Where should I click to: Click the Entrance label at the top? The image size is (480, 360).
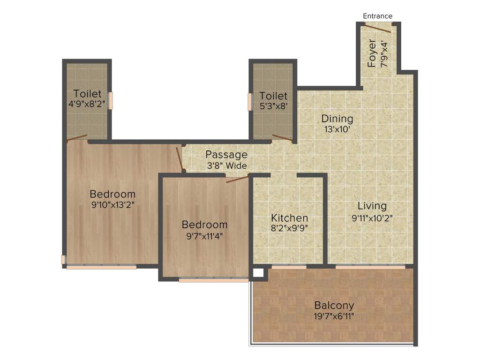pyautogui.click(x=378, y=16)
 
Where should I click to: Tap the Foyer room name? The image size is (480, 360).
pyautogui.click(x=372, y=53)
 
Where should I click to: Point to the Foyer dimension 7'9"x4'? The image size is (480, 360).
pyautogui.click(x=384, y=54)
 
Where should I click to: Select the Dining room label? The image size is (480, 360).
pyautogui.click(x=337, y=119)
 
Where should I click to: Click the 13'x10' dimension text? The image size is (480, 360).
pyautogui.click(x=337, y=129)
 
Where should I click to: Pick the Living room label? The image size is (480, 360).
pyautogui.click(x=372, y=206)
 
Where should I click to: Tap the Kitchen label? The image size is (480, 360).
pyautogui.click(x=290, y=218)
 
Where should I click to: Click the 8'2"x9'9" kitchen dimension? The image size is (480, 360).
pyautogui.click(x=290, y=229)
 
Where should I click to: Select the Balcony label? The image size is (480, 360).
pyautogui.click(x=334, y=305)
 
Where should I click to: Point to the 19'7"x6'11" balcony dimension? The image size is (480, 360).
pyautogui.click(x=334, y=316)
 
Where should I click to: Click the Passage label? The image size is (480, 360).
pyautogui.click(x=226, y=155)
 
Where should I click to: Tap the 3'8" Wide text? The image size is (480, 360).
pyautogui.click(x=227, y=165)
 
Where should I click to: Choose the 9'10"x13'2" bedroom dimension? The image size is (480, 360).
pyautogui.click(x=112, y=204)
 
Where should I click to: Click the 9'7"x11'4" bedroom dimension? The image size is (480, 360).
pyautogui.click(x=204, y=236)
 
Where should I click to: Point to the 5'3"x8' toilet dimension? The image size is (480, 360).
pyautogui.click(x=273, y=106)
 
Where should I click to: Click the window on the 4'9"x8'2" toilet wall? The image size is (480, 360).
pyautogui.click(x=111, y=100)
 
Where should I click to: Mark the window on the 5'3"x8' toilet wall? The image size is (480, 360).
pyautogui.click(x=250, y=102)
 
